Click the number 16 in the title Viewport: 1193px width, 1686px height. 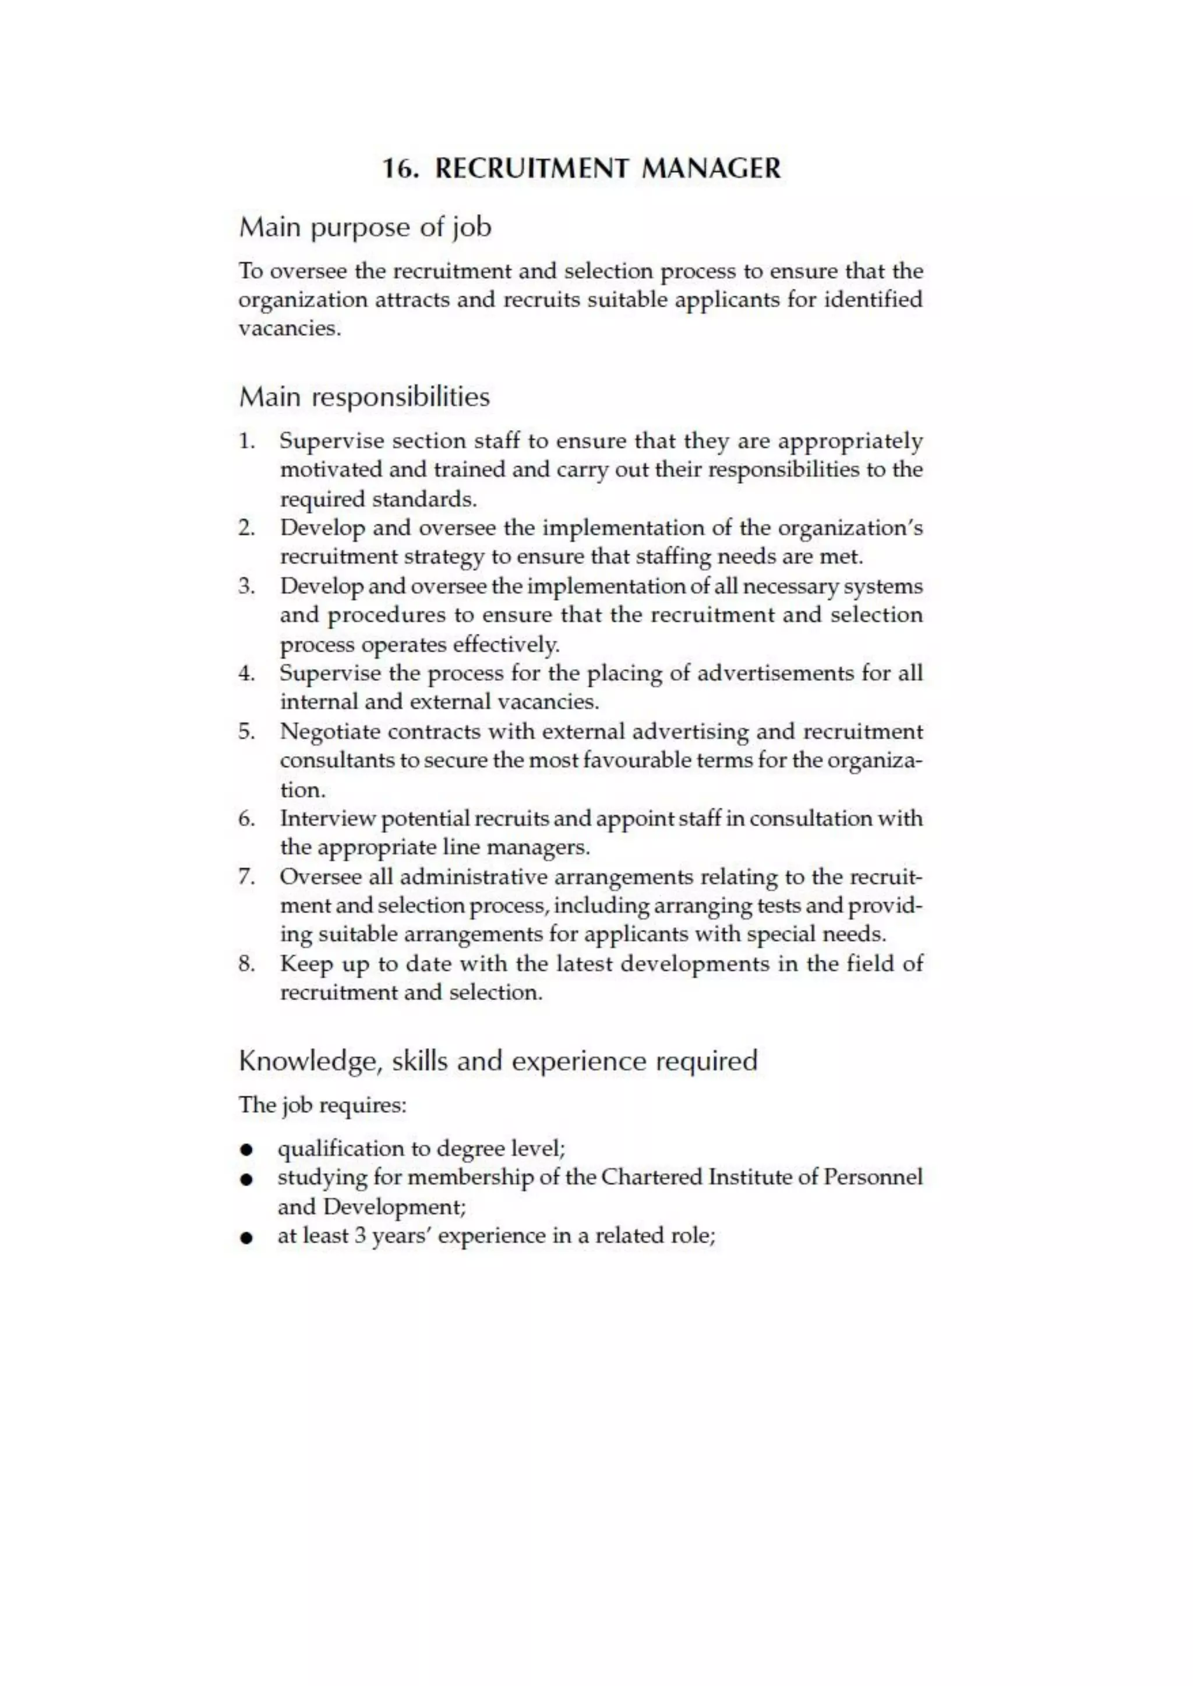coord(398,169)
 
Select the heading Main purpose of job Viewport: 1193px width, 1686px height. coord(365,228)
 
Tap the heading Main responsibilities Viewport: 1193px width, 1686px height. coord(364,397)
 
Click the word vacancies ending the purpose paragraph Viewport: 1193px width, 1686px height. coord(289,328)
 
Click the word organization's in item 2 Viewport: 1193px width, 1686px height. coord(850,528)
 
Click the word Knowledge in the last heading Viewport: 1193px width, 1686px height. coord(309,1062)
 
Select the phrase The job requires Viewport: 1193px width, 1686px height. coord(323,1105)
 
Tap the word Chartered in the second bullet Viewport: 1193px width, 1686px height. coord(652,1177)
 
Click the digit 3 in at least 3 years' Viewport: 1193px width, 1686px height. coord(360,1236)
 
